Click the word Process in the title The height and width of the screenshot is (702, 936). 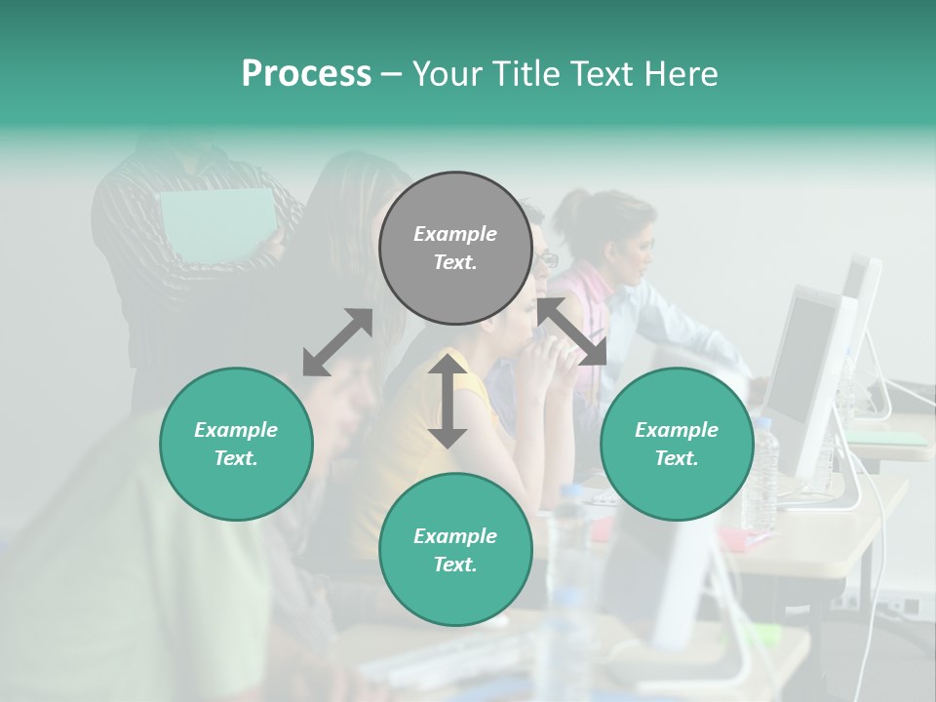(306, 74)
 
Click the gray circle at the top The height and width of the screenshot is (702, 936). (455, 248)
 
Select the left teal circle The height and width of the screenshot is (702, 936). (236, 444)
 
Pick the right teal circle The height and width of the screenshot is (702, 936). (677, 444)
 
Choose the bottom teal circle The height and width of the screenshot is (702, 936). (455, 550)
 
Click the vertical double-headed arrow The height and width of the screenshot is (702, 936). (448, 401)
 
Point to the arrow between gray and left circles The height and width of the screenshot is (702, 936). (337, 342)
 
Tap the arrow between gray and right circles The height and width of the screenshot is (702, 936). (571, 331)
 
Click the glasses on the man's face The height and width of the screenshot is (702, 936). (548, 259)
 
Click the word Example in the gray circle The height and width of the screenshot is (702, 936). (455, 234)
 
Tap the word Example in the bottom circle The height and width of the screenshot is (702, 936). (455, 536)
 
